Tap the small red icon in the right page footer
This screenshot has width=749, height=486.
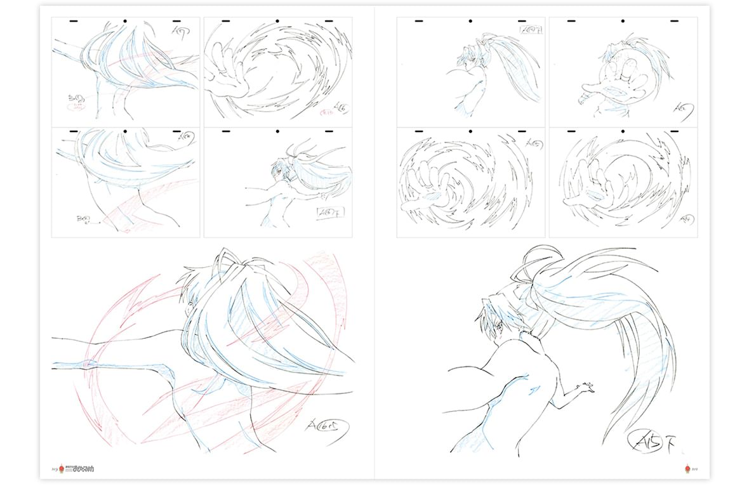click(687, 469)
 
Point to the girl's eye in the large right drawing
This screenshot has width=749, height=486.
click(498, 325)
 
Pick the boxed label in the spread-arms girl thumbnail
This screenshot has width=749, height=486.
click(329, 212)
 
